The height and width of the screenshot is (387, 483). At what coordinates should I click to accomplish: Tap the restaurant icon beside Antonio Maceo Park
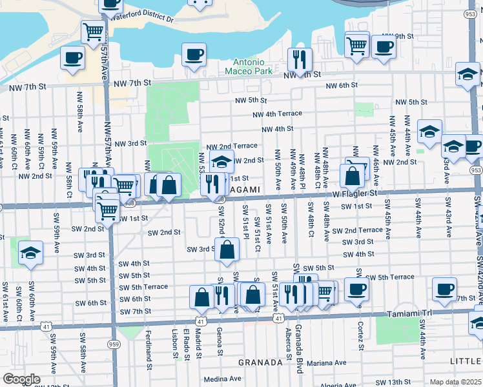(x=299, y=60)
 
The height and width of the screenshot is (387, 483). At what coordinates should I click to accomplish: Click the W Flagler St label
(x=355, y=192)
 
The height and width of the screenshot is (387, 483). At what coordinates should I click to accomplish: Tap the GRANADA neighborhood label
(x=260, y=362)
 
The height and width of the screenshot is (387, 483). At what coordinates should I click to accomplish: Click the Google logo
(x=21, y=379)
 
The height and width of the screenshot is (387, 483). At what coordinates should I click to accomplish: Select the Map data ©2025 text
(x=455, y=382)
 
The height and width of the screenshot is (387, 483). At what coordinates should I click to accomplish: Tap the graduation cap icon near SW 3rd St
(x=30, y=252)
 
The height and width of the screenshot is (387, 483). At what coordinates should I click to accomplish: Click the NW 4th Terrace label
(x=277, y=114)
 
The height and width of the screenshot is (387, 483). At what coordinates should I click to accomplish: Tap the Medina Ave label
(x=221, y=379)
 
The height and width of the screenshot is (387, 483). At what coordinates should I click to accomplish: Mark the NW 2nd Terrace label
(x=232, y=146)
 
